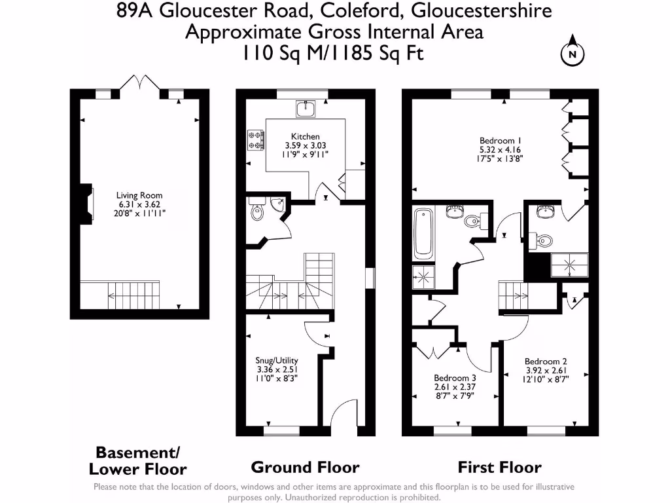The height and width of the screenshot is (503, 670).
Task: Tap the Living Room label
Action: click(139, 195)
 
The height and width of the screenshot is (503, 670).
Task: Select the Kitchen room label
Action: click(305, 136)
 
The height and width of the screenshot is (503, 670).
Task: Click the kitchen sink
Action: click(306, 109)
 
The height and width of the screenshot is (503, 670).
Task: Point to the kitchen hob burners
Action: click(256, 140)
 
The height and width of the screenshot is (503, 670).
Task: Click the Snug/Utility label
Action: click(277, 361)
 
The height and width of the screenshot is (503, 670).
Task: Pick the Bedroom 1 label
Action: click(500, 141)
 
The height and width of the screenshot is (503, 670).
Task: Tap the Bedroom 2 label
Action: click(546, 362)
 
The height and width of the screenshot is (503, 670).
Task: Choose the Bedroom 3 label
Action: click(455, 378)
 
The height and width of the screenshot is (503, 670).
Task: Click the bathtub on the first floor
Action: click(423, 234)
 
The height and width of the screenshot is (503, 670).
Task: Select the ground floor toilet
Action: click(256, 210)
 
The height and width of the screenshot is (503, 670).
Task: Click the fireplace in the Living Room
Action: click(87, 204)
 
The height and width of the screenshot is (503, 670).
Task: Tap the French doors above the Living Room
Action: click(140, 82)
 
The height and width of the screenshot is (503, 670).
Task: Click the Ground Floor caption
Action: click(305, 468)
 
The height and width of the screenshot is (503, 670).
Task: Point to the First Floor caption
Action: click(499, 468)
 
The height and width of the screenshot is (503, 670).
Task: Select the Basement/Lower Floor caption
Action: click(137, 460)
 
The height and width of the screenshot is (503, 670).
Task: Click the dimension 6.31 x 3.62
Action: click(139, 204)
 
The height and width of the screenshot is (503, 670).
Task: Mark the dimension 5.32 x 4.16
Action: click(500, 150)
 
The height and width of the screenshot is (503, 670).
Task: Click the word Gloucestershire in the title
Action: click(481, 10)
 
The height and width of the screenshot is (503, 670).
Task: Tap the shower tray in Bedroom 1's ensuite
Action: click(570, 265)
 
